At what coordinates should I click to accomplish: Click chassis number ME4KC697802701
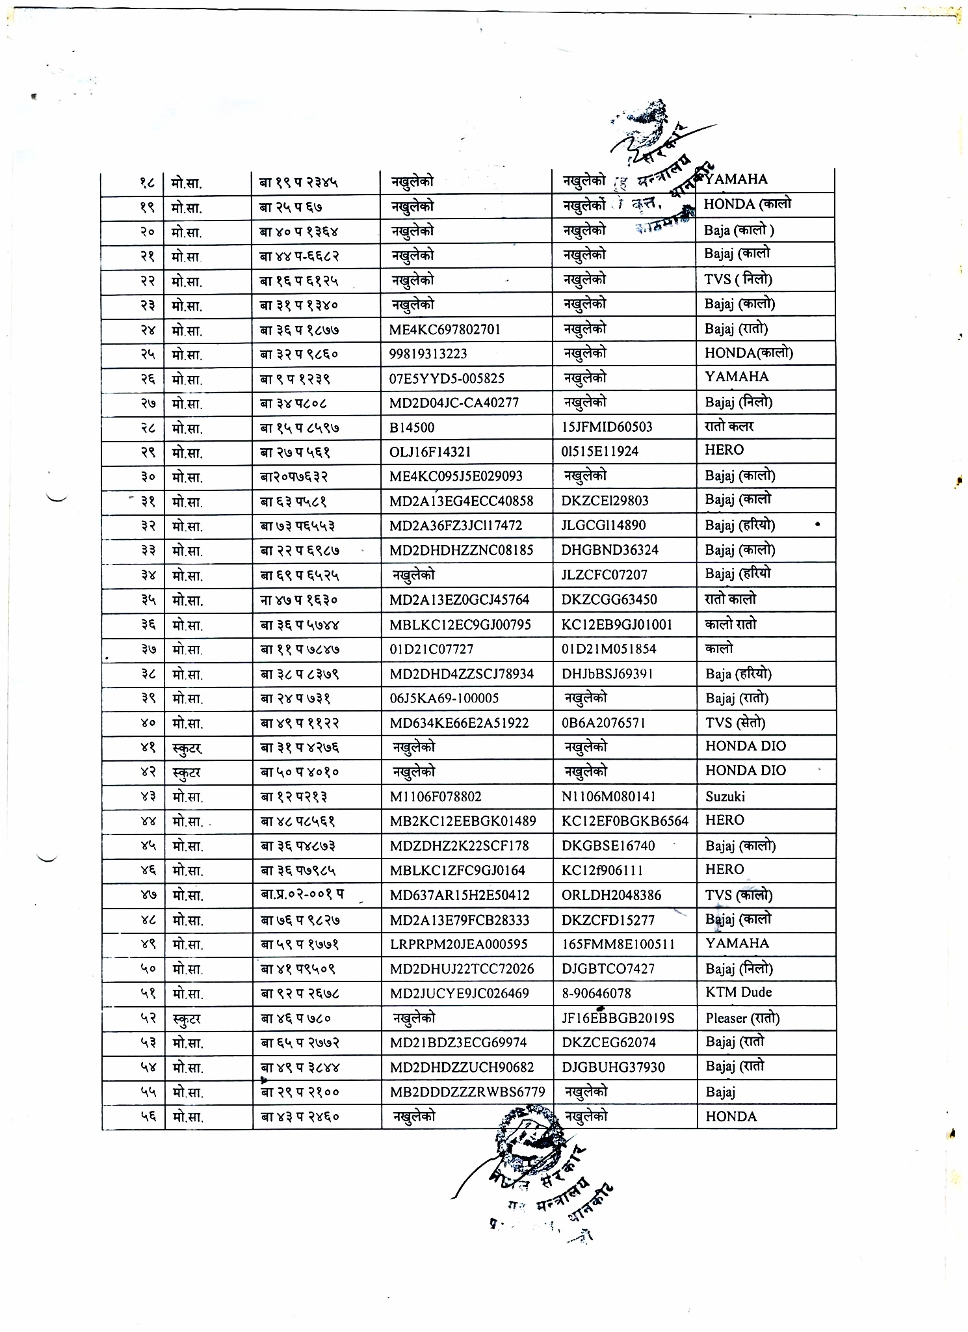445,330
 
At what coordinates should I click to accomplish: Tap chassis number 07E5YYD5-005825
447,379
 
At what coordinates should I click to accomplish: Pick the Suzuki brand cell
725,797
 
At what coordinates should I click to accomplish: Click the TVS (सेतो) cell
735,723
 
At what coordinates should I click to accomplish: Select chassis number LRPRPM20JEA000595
458,944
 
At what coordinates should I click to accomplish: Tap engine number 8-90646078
596,993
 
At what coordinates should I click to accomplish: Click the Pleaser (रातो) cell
742,1019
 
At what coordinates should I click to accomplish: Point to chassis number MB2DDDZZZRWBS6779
467,1092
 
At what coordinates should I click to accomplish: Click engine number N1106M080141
608,797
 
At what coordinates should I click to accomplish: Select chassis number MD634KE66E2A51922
459,723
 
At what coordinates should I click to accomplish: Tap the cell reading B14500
412,427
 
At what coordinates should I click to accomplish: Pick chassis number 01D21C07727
431,649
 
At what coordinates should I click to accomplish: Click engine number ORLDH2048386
611,896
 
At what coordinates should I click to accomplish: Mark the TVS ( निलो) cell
738,280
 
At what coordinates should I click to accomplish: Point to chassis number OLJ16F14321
430,452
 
